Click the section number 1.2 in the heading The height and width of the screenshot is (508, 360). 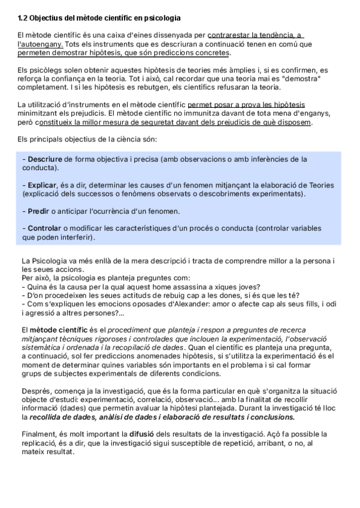[x=23, y=19]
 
